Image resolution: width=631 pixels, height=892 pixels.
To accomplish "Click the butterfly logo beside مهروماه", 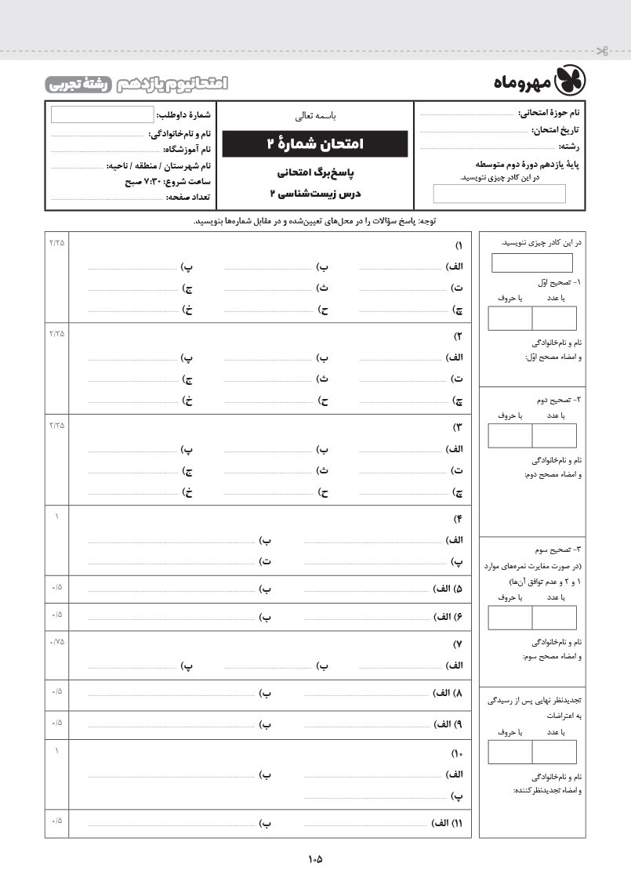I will [571, 81].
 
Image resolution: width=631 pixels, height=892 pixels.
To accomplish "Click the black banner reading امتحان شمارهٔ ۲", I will [314, 143].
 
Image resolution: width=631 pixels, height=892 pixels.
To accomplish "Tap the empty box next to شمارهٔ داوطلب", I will [103, 115].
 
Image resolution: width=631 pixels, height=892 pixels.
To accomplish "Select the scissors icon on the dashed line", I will [601, 53].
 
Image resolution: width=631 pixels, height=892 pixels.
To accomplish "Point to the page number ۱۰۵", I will [315, 858].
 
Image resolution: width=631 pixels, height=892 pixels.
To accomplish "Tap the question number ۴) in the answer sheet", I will [459, 519].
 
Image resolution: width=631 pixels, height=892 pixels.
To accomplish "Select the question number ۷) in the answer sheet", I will [459, 644].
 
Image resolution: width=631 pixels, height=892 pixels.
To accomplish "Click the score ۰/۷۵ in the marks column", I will [56, 642].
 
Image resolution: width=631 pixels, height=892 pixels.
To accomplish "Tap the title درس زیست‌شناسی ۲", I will [314, 193].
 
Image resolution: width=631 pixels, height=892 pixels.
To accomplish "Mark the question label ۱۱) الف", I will [448, 824].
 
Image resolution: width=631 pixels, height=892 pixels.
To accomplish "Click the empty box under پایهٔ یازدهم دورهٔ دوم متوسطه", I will [499, 194].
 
